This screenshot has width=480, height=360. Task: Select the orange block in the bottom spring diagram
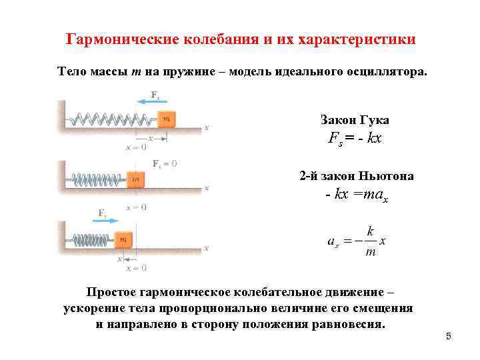123,239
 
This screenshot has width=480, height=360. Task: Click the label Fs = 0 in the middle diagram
164,163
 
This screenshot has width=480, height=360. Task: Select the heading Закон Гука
355,120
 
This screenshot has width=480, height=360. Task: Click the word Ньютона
386,176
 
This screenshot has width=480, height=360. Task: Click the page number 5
449,336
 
